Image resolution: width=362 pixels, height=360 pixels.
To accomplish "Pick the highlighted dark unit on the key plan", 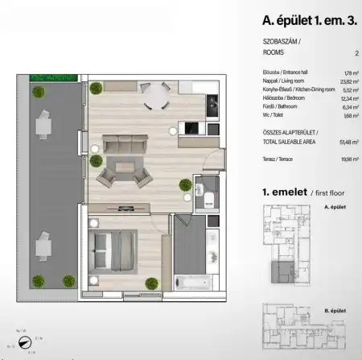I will [x=282, y=271].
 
